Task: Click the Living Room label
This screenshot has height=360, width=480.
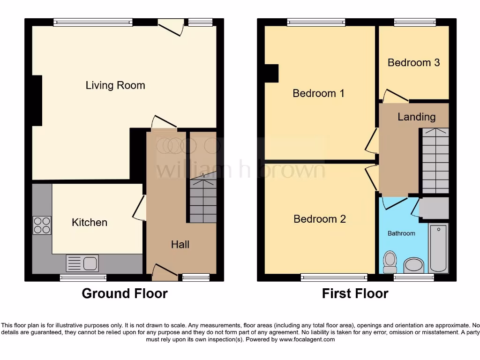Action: click(115, 85)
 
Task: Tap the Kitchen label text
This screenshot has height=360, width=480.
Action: click(90, 222)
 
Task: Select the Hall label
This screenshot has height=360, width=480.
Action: click(180, 244)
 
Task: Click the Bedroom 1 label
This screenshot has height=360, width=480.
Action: click(318, 93)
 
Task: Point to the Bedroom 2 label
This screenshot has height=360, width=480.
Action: click(320, 219)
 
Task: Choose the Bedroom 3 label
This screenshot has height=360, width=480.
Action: click(413, 62)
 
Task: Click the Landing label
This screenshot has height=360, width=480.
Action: click(416, 117)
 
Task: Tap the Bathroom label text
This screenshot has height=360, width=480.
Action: click(401, 233)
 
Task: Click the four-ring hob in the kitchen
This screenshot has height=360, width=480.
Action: click(42, 225)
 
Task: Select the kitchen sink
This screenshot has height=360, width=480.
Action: click(82, 263)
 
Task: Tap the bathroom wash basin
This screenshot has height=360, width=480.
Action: click(413, 265)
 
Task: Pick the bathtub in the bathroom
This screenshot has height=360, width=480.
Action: click(439, 248)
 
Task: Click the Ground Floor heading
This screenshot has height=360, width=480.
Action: click(124, 293)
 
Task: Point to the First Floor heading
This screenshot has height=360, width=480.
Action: click(355, 293)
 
